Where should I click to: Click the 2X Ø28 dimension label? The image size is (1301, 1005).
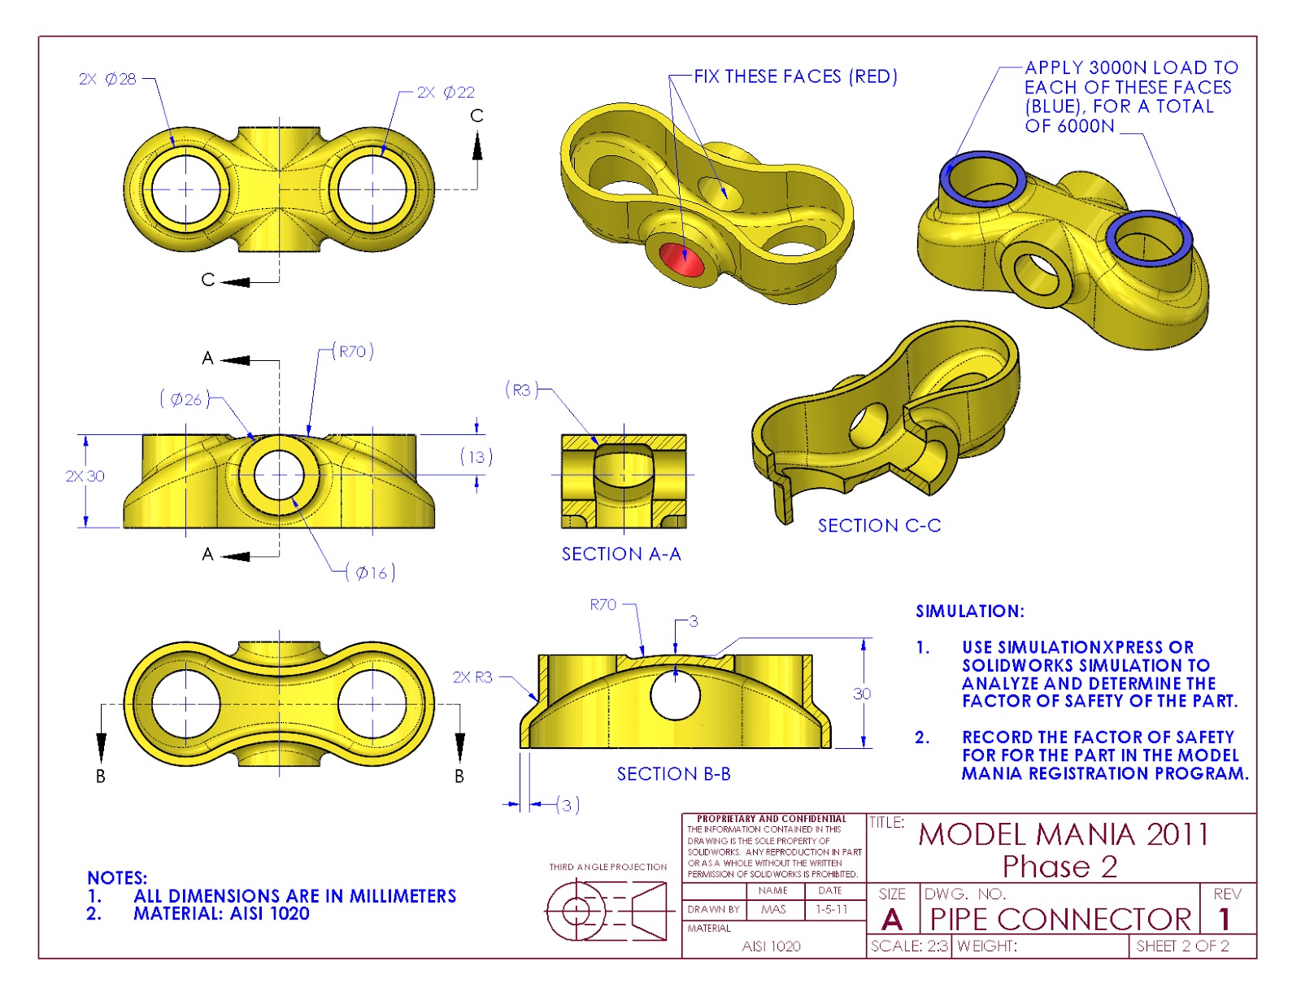[107, 79]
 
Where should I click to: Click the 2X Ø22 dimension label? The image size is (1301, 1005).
[446, 93]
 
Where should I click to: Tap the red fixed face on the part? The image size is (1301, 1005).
[681, 259]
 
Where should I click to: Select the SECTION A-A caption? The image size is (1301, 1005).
[621, 555]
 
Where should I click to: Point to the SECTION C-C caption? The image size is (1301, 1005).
[879, 526]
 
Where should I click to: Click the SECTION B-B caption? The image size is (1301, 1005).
[673, 774]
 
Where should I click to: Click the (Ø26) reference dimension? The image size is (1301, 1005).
[185, 399]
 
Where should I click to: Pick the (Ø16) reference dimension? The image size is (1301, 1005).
[371, 573]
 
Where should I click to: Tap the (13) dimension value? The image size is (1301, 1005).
[476, 457]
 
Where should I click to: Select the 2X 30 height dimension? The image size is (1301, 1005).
[85, 476]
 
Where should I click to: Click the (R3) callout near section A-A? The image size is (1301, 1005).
[521, 390]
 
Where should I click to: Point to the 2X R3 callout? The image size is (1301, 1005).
[472, 677]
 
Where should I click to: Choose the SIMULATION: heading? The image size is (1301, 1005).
[970, 611]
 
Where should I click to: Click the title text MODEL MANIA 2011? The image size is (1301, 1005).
[1064, 835]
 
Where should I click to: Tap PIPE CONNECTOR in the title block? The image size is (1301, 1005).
[1060, 920]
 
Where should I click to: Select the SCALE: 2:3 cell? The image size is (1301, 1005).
[908, 946]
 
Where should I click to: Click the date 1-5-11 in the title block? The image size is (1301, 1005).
[832, 910]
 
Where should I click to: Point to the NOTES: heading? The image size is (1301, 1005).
[117, 878]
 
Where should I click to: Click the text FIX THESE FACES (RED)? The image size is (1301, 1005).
[795, 76]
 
